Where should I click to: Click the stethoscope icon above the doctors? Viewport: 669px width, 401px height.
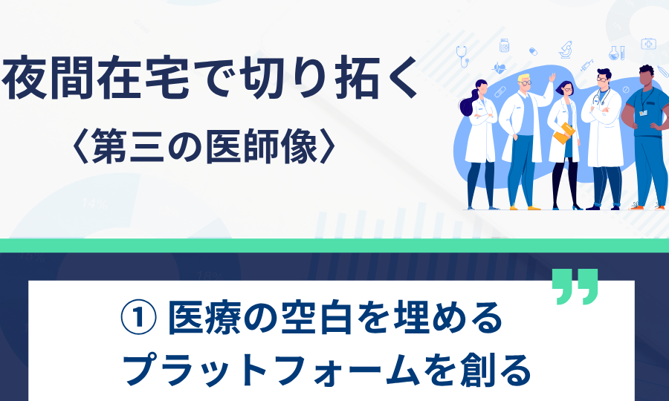pyautogui.click(x=462, y=56)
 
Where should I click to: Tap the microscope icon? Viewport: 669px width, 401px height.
pyautogui.click(x=566, y=50)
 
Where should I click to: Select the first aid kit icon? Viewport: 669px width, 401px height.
pyautogui.click(x=648, y=44)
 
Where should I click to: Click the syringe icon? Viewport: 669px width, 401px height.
pyautogui.click(x=586, y=65)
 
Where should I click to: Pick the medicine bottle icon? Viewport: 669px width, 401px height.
pyautogui.click(x=504, y=45)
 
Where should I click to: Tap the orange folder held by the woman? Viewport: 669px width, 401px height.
pyautogui.click(x=564, y=133)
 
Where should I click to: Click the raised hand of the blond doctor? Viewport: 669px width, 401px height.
pyautogui.click(x=552, y=77)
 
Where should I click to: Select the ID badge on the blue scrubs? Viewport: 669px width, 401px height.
pyautogui.click(x=643, y=113)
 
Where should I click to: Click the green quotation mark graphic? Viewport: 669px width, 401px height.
pyautogui.click(x=575, y=287)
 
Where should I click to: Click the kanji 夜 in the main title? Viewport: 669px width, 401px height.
pyautogui.click(x=25, y=77)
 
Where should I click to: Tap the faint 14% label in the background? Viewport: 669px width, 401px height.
pyautogui.click(x=94, y=204)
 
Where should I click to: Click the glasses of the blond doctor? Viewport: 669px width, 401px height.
pyautogui.click(x=526, y=82)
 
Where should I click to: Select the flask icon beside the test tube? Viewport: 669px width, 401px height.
pyautogui.click(x=614, y=53)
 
